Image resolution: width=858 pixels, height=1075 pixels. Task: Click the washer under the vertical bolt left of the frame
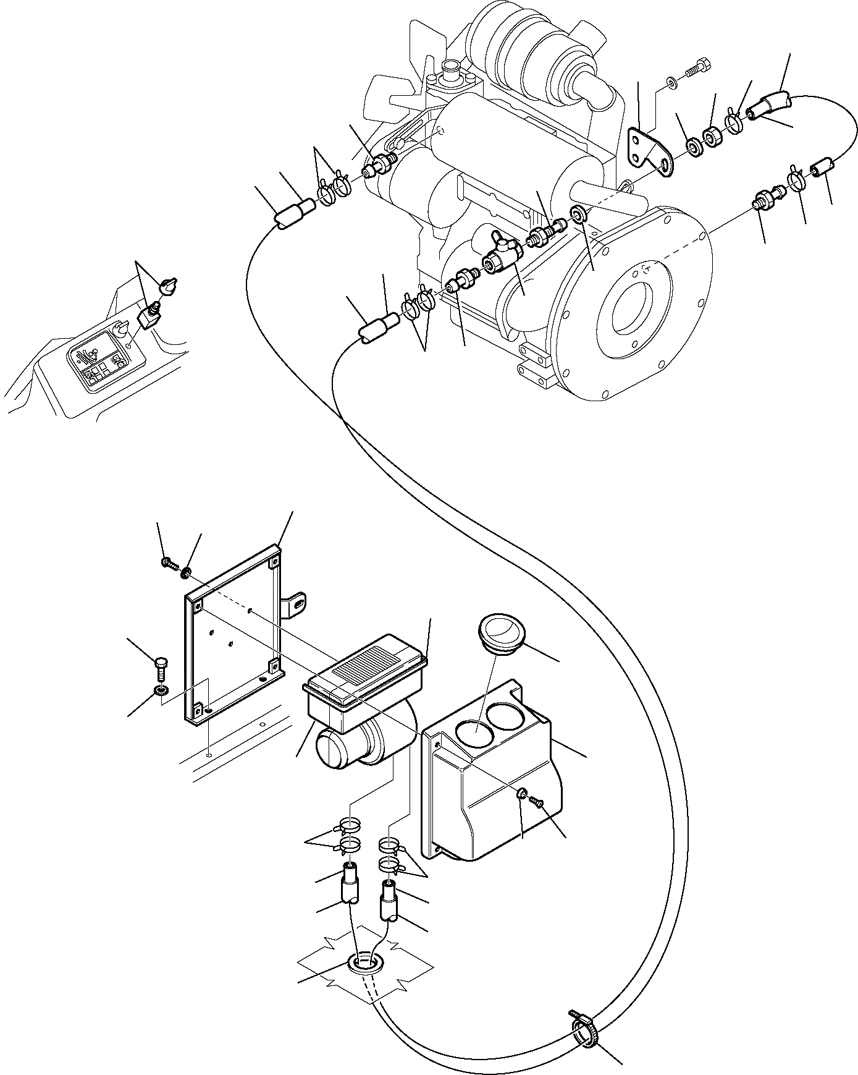point(161,690)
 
